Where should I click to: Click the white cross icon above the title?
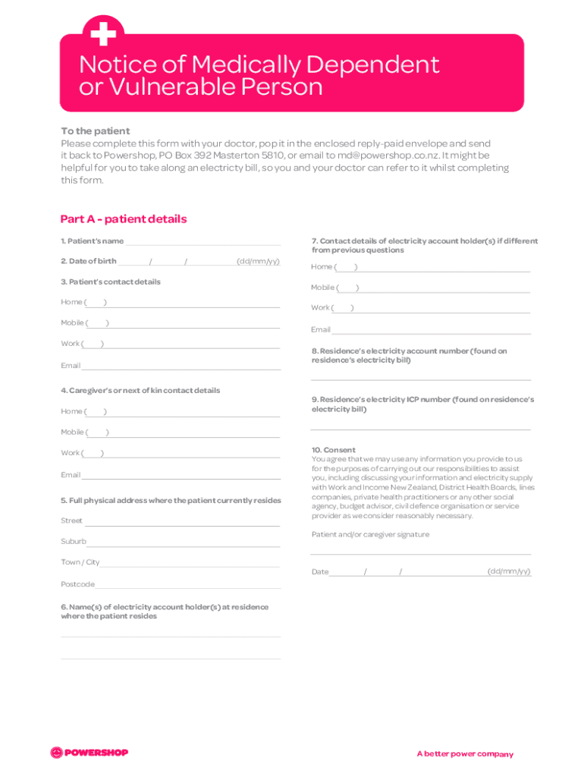click(102, 33)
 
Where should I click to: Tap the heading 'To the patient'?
click(95, 131)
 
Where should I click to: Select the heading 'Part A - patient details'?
click(123, 219)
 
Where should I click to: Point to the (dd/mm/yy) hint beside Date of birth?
click(258, 262)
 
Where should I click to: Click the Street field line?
click(181, 522)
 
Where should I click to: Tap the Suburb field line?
click(183, 543)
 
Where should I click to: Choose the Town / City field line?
click(190, 564)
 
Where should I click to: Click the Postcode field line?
click(187, 585)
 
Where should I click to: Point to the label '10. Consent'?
click(333, 450)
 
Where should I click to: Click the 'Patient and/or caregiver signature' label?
click(370, 535)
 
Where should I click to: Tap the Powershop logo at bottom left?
click(89, 753)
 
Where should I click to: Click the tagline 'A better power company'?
click(464, 754)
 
